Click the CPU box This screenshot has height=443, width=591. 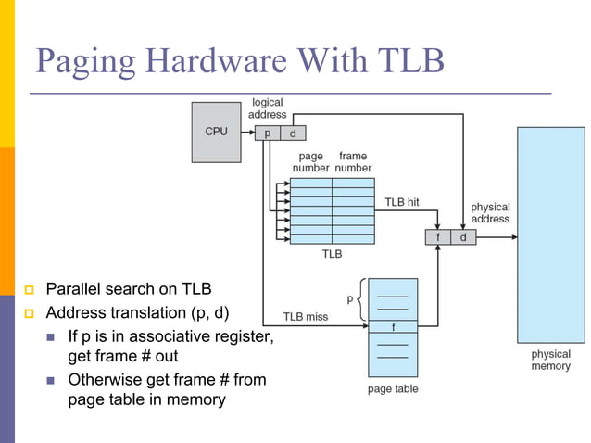(x=216, y=132)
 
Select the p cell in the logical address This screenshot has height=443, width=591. (x=268, y=133)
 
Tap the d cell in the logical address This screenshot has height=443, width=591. (x=292, y=133)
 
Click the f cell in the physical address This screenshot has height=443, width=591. (x=438, y=237)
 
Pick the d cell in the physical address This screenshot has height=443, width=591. (x=463, y=237)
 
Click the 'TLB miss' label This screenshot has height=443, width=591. (x=305, y=317)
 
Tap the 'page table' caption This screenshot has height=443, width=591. (x=393, y=389)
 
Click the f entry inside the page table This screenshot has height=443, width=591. (x=393, y=326)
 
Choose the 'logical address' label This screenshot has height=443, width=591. (x=267, y=108)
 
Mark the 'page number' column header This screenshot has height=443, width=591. (x=310, y=162)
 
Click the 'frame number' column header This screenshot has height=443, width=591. (x=353, y=162)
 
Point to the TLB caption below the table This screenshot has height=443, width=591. (x=332, y=254)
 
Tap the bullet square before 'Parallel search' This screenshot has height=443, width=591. (x=30, y=289)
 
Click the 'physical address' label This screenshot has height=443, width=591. (x=490, y=213)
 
